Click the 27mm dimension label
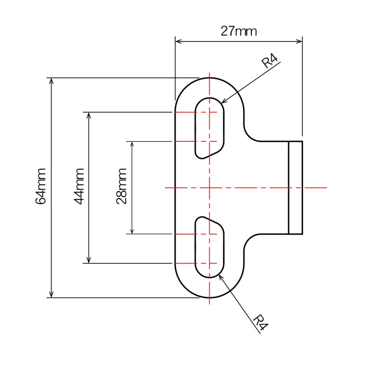pos(239,31)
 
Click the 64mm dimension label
pos(41,186)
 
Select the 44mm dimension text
pos(79,186)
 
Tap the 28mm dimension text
pos(122,186)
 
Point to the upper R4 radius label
pos(270,61)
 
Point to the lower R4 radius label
pos(262,322)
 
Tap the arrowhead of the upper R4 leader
pos(223,101)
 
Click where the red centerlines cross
pos(210,187)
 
